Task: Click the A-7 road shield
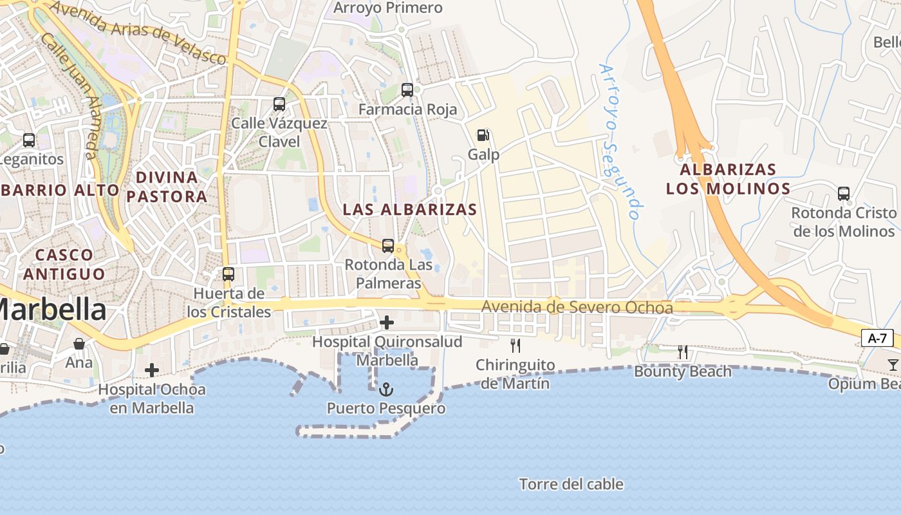(877, 338)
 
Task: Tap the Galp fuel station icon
(483, 135)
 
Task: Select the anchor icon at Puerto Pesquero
(386, 389)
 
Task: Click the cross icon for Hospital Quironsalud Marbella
(387, 322)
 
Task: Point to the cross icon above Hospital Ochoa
(152, 370)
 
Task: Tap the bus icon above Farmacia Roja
(407, 90)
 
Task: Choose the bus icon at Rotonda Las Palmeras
(387, 245)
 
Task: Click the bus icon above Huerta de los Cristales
(228, 274)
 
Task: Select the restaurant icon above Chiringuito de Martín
(515, 346)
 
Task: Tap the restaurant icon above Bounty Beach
(683, 352)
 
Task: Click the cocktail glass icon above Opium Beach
(893, 365)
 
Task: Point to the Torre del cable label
(571, 484)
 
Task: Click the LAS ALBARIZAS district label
(410, 209)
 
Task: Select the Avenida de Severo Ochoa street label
(577, 308)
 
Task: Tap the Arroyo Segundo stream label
(620, 142)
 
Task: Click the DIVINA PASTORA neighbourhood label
(167, 187)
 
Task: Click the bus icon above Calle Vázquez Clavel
(279, 104)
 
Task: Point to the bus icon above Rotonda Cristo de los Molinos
(843, 193)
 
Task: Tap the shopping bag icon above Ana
(79, 344)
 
